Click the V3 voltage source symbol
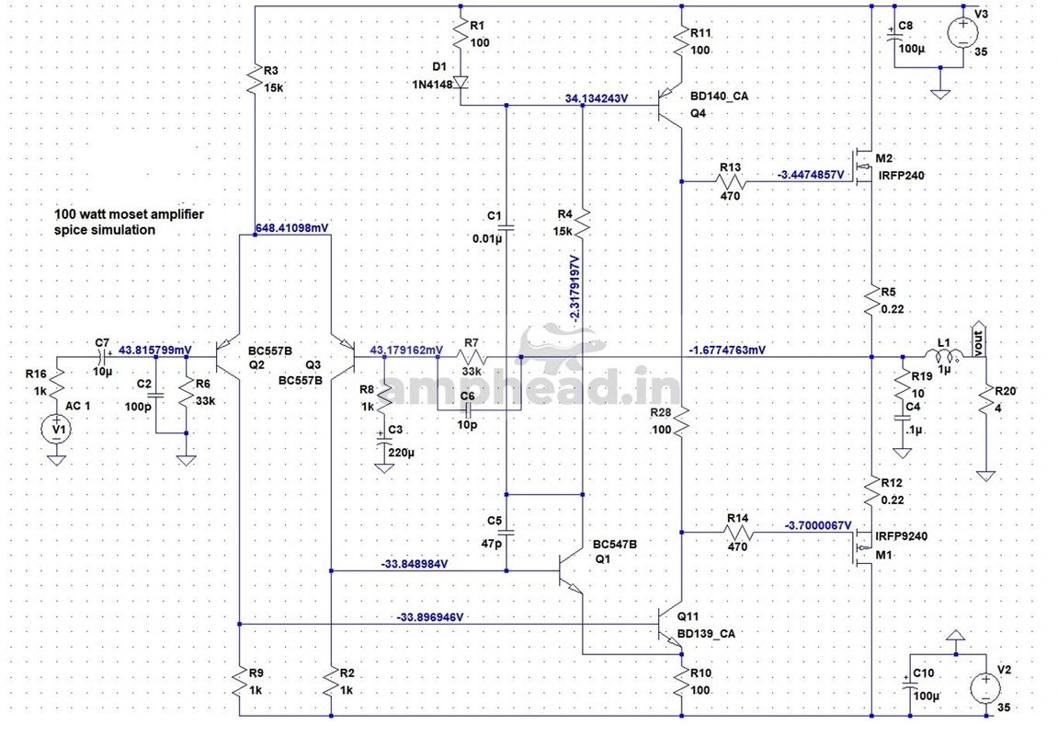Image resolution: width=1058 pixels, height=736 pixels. [x=962, y=33]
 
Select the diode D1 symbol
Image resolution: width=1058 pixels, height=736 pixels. [x=461, y=83]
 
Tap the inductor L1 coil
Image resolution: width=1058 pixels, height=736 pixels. [x=942, y=357]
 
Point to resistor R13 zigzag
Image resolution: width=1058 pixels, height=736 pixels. [x=731, y=181]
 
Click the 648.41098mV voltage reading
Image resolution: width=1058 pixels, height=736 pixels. [x=292, y=228]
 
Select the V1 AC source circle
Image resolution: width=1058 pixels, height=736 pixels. [x=57, y=430]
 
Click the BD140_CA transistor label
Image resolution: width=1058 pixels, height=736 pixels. [x=720, y=96]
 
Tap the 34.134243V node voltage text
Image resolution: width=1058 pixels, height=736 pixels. [x=597, y=98]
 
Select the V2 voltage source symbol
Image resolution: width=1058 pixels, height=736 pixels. [x=985, y=688]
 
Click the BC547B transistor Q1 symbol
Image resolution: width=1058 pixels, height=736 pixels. [x=572, y=570]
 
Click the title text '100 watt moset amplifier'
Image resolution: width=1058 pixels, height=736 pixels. [x=129, y=214]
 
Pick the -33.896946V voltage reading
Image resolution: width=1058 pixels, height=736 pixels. [x=430, y=617]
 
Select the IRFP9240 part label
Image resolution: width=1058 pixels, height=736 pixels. [x=902, y=536]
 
